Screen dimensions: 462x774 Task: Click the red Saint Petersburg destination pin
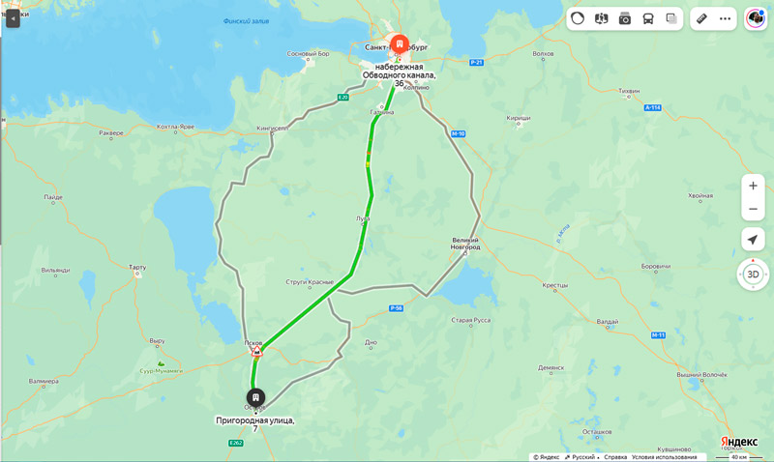[399, 44]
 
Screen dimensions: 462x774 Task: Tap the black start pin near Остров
[255, 397]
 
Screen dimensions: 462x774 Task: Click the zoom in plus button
[753, 186]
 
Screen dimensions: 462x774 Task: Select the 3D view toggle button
[753, 274]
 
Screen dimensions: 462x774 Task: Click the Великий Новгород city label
[465, 244]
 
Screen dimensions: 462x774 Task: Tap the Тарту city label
[136, 267]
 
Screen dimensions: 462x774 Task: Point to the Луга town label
[362, 218]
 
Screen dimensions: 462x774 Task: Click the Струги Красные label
[311, 282]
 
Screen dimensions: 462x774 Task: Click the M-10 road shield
[459, 133]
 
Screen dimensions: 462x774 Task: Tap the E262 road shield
[235, 443]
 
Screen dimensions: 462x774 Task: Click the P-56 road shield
[396, 307]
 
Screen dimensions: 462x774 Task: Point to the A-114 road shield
[652, 108]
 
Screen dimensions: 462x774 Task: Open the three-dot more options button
[725, 18]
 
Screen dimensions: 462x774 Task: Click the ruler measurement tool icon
[702, 18]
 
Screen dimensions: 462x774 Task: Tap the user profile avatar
[755, 18]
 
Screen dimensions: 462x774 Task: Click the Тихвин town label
[629, 91]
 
